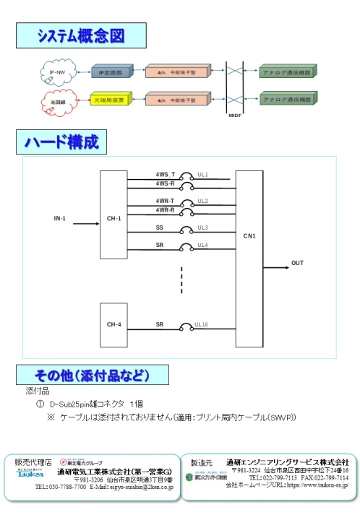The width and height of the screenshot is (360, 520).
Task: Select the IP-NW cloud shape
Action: tap(57, 73)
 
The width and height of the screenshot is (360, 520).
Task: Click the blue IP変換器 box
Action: tap(111, 73)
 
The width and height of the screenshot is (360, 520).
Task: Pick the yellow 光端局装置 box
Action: tap(109, 100)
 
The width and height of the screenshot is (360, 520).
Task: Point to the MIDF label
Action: tap(235, 115)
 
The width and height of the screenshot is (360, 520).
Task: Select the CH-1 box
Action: tap(113, 218)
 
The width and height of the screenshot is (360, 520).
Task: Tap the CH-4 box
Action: tap(113, 324)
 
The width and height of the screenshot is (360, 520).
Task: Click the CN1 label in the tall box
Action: tap(249, 235)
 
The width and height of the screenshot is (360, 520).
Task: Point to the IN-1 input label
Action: tap(60, 218)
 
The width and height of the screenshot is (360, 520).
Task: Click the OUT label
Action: tap(297, 263)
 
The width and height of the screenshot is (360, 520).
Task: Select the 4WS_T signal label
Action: tap(165, 175)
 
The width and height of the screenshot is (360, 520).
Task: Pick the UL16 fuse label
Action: tap(201, 325)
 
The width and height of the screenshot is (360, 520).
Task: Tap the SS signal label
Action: tap(160, 227)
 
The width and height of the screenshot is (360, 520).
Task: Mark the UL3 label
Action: tap(203, 227)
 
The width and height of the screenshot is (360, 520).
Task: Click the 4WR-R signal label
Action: tap(165, 209)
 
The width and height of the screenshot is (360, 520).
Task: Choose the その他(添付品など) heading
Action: tap(92, 376)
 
